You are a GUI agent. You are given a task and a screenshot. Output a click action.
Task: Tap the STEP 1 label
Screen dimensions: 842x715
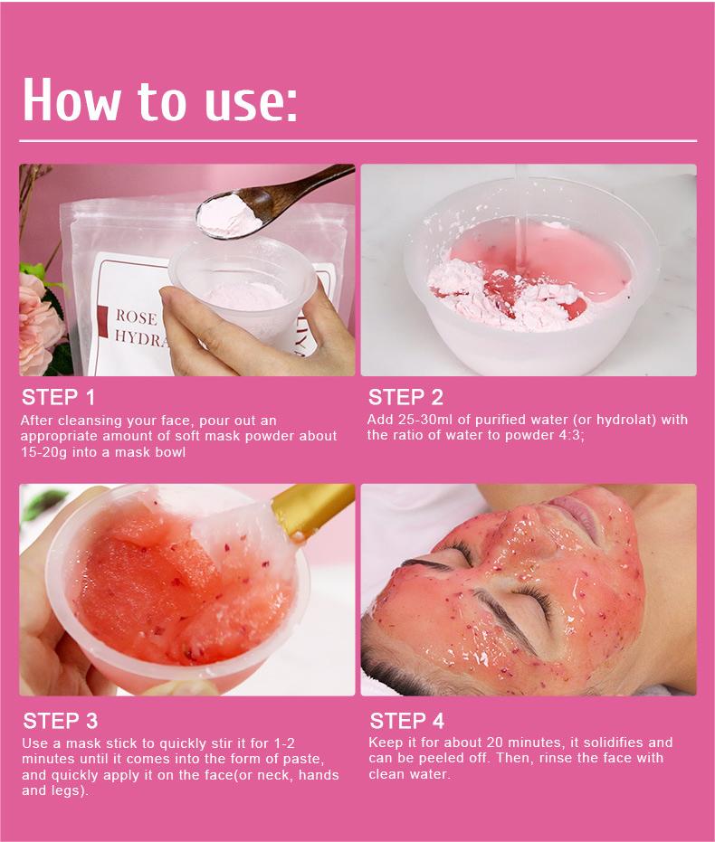58,397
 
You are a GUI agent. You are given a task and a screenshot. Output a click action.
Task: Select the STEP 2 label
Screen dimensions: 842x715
405,397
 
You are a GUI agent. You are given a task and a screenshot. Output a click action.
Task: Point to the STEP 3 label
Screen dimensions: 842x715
60,721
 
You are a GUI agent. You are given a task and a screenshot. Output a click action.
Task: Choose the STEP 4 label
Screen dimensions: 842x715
406,721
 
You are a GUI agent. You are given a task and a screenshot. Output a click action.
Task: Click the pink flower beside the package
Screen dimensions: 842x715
36,317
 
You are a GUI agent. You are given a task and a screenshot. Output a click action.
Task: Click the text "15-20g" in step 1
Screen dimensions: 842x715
43,451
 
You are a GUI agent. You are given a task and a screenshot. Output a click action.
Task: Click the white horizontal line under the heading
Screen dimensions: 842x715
357,141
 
